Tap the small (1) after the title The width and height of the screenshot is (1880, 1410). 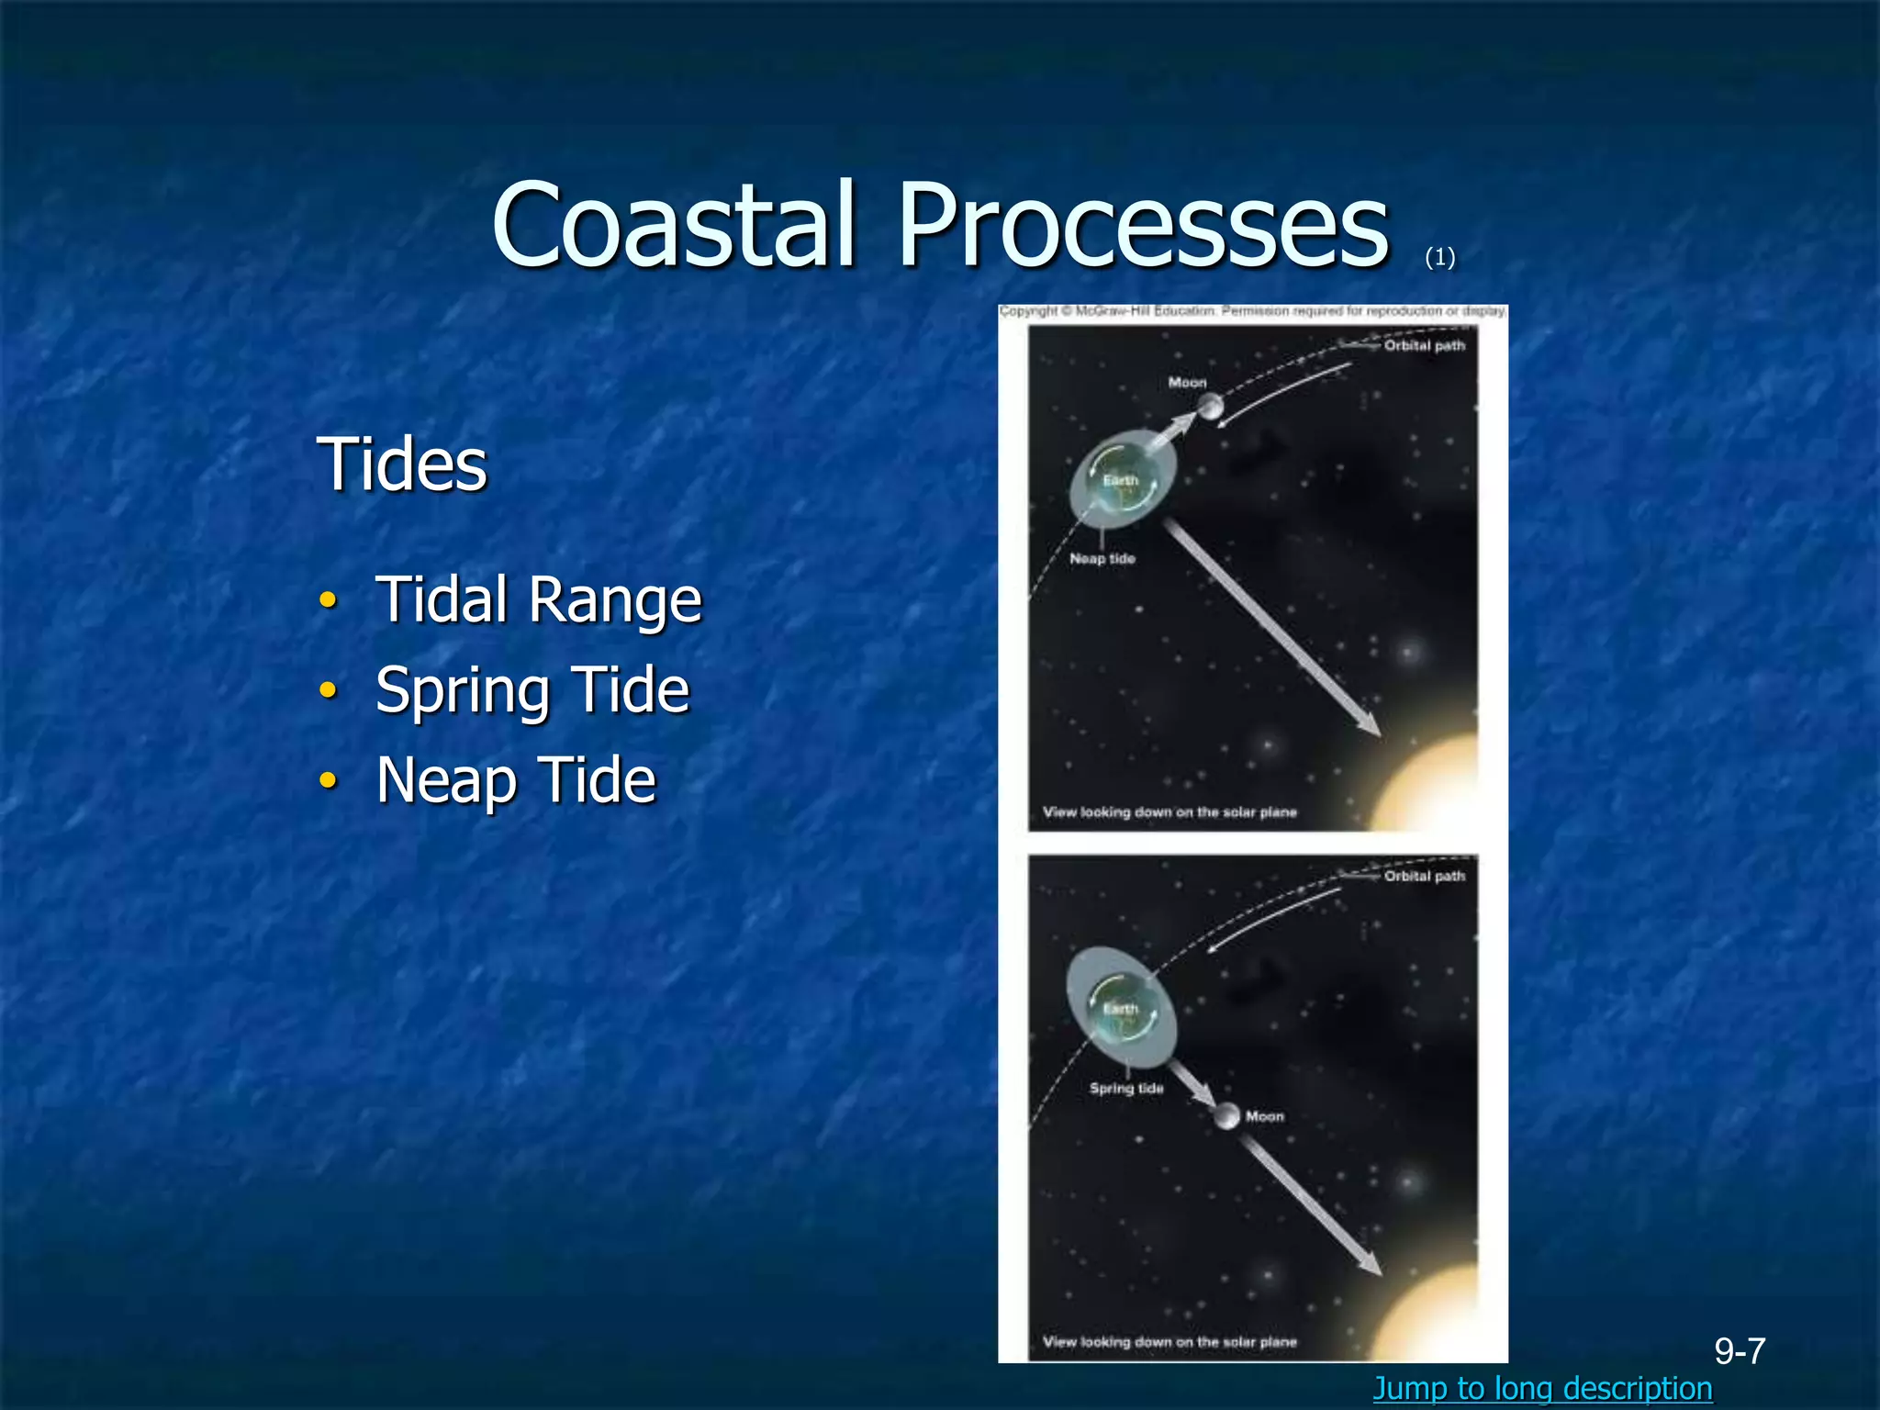click(x=1439, y=258)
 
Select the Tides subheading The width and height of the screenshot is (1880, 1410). click(x=401, y=464)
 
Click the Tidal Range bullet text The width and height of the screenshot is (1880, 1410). click(x=538, y=600)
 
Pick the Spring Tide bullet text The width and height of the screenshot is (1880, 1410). click(x=532, y=690)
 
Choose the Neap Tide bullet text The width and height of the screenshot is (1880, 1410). click(x=516, y=780)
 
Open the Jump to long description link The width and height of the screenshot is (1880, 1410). click(x=1542, y=1388)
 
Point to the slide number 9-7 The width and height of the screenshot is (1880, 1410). click(x=1740, y=1350)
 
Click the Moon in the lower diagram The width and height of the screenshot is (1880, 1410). click(x=1226, y=1116)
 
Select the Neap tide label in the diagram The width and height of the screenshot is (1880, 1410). click(x=1102, y=558)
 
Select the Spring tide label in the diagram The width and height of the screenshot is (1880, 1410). click(x=1126, y=1088)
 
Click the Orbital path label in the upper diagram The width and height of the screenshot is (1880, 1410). click(x=1424, y=346)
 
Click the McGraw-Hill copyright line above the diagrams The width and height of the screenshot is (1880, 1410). click(x=1252, y=312)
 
